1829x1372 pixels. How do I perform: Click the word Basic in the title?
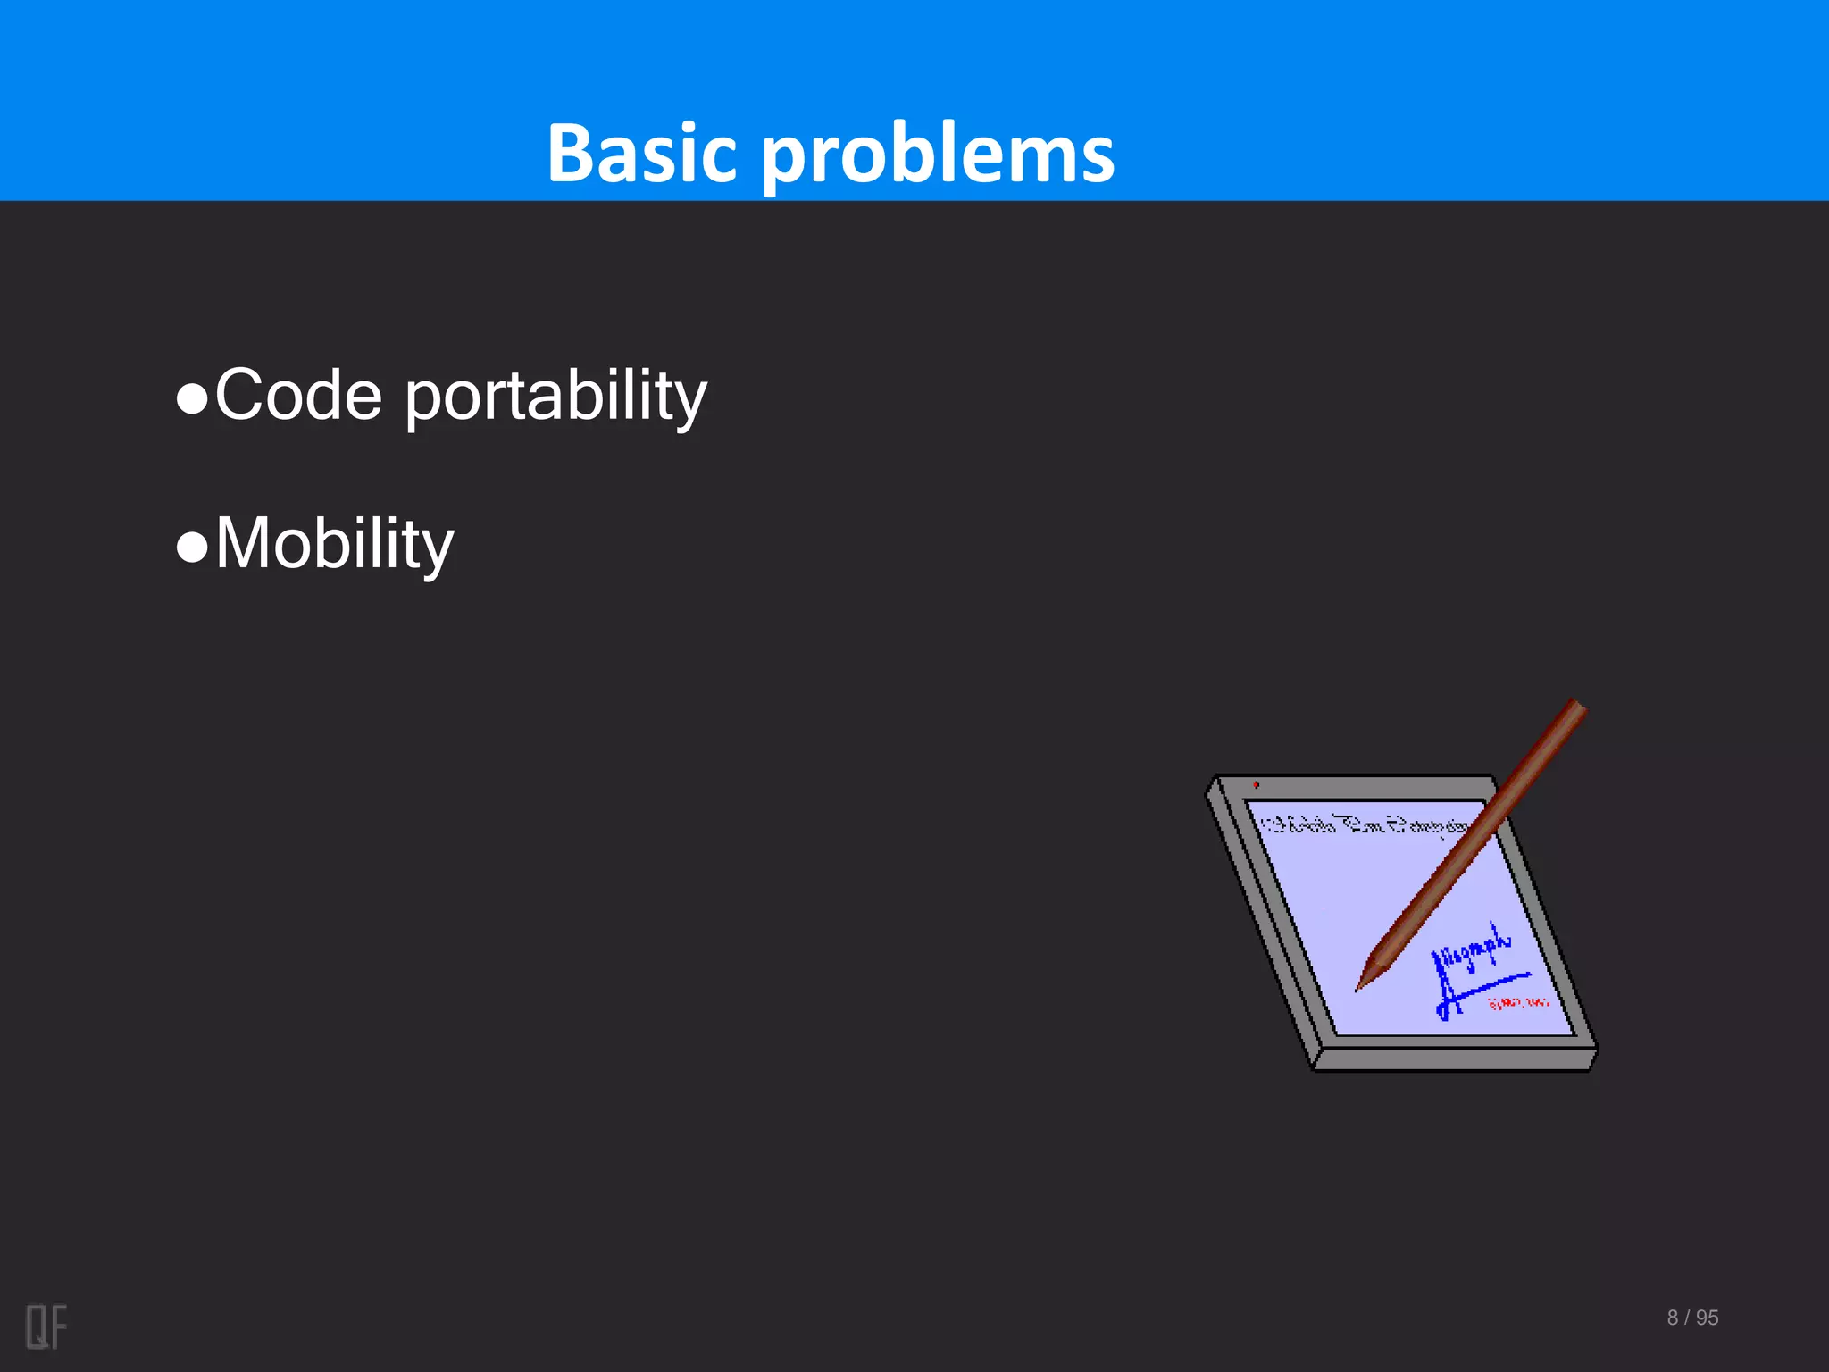click(x=639, y=154)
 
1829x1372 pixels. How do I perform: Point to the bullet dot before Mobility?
click(x=192, y=548)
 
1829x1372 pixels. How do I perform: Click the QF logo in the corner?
click(x=46, y=1326)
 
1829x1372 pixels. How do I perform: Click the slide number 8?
click(x=1672, y=1318)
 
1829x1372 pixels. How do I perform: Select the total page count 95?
click(x=1707, y=1318)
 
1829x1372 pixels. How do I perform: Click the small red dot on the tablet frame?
click(x=1256, y=785)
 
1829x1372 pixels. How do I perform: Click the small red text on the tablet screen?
click(x=1518, y=1003)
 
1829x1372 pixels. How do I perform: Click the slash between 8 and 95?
click(x=1687, y=1318)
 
